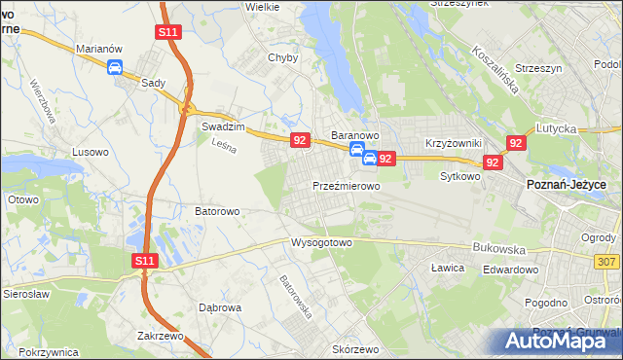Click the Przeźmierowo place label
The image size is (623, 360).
pyautogui.click(x=346, y=185)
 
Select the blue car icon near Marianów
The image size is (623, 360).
pyautogui.click(x=115, y=67)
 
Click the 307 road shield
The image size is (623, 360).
pyautogui.click(x=607, y=262)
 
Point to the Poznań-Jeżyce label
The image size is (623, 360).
pyautogui.click(x=567, y=185)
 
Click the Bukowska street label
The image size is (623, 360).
pyautogui.click(x=497, y=248)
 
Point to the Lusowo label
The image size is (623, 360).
pyautogui.click(x=92, y=152)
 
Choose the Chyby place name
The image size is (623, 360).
pyautogui.click(x=282, y=57)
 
